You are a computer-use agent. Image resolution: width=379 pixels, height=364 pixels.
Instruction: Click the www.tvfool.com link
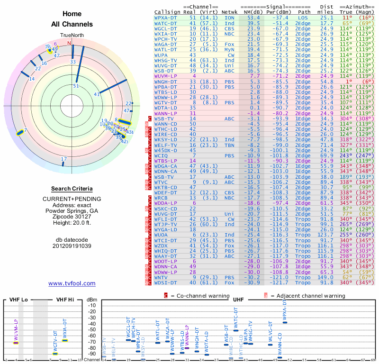click(x=72, y=283)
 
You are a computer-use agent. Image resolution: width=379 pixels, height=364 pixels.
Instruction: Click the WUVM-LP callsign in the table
click(x=165, y=76)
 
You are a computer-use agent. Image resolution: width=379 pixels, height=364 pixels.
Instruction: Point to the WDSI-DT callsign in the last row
click(x=165, y=282)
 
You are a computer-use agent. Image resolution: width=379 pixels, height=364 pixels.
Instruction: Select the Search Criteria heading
click(x=72, y=189)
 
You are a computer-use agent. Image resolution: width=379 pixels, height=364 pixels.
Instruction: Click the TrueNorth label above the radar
click(x=72, y=36)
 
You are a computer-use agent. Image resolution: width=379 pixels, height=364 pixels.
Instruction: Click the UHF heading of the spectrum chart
click(x=238, y=300)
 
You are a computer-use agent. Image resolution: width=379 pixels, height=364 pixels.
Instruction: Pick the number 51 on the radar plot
click(x=76, y=86)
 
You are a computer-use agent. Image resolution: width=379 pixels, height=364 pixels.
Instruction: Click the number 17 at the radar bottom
click(x=64, y=159)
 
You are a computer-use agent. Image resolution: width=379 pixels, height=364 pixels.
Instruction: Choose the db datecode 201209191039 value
click(x=72, y=246)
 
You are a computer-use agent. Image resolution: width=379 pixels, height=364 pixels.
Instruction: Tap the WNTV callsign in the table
click(x=162, y=277)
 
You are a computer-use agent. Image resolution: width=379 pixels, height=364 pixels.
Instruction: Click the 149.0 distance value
click(x=326, y=277)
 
